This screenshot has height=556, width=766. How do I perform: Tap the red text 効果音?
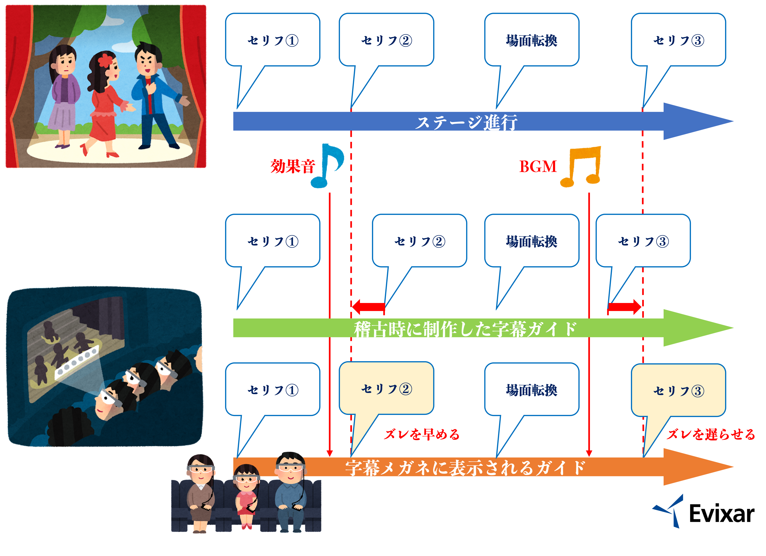tap(292, 167)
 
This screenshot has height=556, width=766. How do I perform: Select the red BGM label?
tap(538, 167)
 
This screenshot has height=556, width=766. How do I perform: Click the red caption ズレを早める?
tap(422, 434)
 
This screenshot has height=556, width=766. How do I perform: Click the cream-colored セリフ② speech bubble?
tap(386, 389)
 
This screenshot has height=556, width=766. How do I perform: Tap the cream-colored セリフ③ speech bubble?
tap(678, 391)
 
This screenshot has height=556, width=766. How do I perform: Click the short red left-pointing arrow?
tap(368, 307)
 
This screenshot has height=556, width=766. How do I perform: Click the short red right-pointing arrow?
tap(625, 307)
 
